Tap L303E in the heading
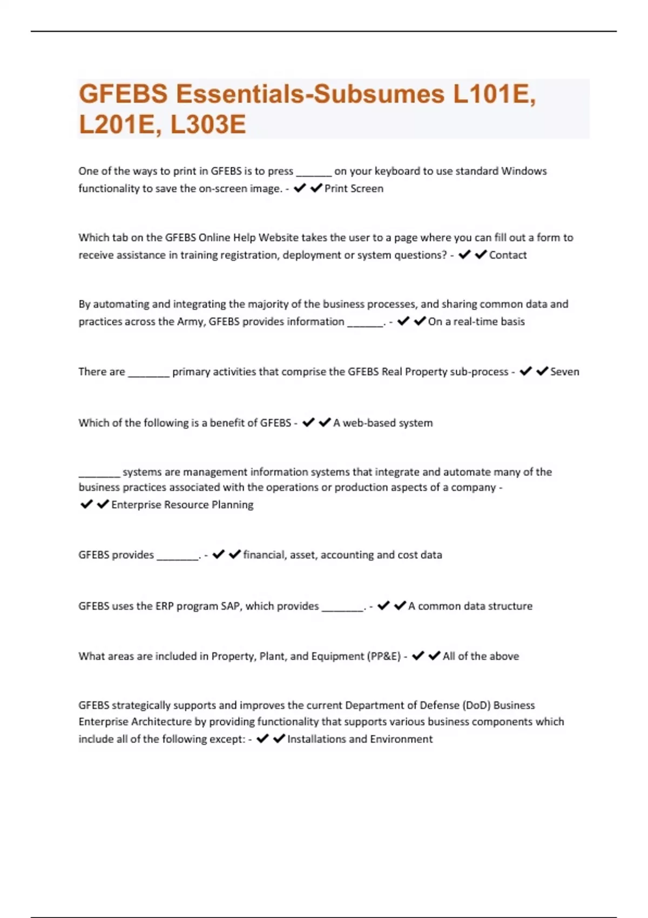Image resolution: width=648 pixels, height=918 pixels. click(x=208, y=124)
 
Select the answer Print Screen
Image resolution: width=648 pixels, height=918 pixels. click(x=354, y=188)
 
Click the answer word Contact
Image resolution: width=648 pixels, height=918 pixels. click(x=508, y=255)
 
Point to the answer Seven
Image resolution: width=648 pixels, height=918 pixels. click(x=564, y=372)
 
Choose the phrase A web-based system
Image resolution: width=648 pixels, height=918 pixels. click(x=383, y=423)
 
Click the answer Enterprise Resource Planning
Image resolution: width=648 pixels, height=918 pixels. click(x=182, y=504)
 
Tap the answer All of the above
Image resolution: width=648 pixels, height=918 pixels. click(x=481, y=656)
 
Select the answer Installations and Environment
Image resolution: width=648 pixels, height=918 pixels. click(x=360, y=739)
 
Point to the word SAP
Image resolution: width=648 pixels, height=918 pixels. click(x=230, y=606)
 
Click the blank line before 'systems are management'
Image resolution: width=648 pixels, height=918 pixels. click(x=99, y=475)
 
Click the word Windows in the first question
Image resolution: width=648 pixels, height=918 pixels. click(x=524, y=171)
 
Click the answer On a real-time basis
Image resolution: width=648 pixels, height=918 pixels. click(x=476, y=321)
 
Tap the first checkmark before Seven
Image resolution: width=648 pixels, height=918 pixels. click(x=525, y=371)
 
